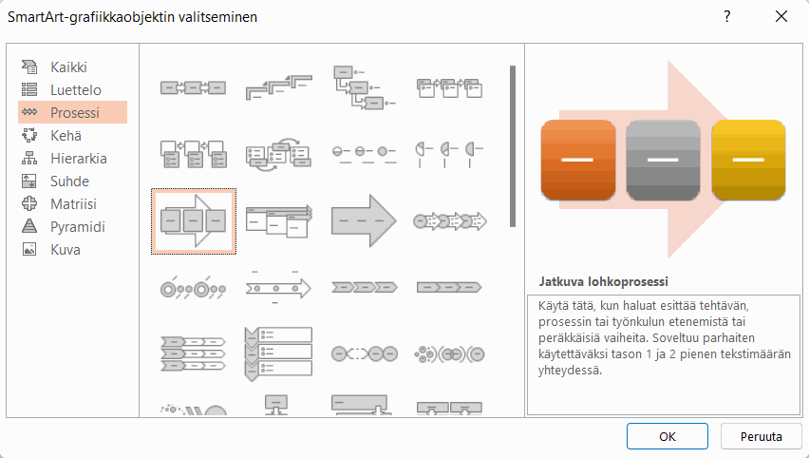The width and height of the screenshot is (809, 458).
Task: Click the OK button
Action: (668, 436)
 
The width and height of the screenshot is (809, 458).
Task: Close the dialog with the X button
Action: (781, 16)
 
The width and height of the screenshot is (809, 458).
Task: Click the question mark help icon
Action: (727, 16)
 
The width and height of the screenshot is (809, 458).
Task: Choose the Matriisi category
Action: (72, 203)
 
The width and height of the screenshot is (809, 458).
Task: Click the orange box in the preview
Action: (578, 160)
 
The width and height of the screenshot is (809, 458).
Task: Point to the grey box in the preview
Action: (663, 160)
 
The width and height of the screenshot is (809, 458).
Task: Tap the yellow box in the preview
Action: (748, 160)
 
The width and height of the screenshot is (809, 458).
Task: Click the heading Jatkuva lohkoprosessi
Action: (603, 281)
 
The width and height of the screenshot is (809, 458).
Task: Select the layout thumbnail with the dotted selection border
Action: (194, 221)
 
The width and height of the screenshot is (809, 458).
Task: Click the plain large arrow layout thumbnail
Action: (364, 221)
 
